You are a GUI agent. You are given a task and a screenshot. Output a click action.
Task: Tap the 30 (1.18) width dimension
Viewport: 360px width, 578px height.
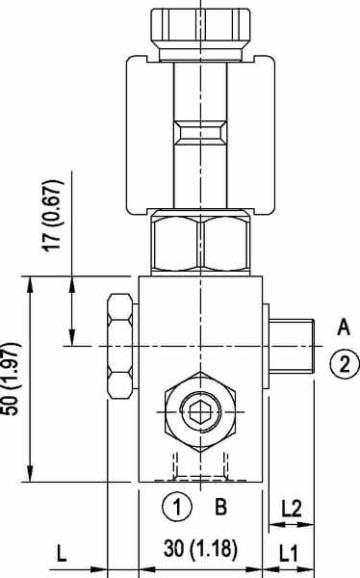coord(200,548)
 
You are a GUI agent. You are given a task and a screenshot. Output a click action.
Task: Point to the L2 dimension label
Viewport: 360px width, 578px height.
coord(292,509)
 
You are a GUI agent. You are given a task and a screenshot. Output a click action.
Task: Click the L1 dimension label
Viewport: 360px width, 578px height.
coord(290,553)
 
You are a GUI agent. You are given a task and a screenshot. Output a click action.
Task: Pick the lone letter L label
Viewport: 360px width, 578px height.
coord(62,553)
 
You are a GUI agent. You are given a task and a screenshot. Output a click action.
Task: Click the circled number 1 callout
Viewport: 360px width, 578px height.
coord(177,507)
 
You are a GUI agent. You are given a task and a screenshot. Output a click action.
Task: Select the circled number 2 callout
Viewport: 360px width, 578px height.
coord(345,364)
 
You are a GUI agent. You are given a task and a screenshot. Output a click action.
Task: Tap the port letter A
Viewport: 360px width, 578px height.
coord(344,328)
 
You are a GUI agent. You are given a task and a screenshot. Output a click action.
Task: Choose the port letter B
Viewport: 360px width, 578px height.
coord(220,507)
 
